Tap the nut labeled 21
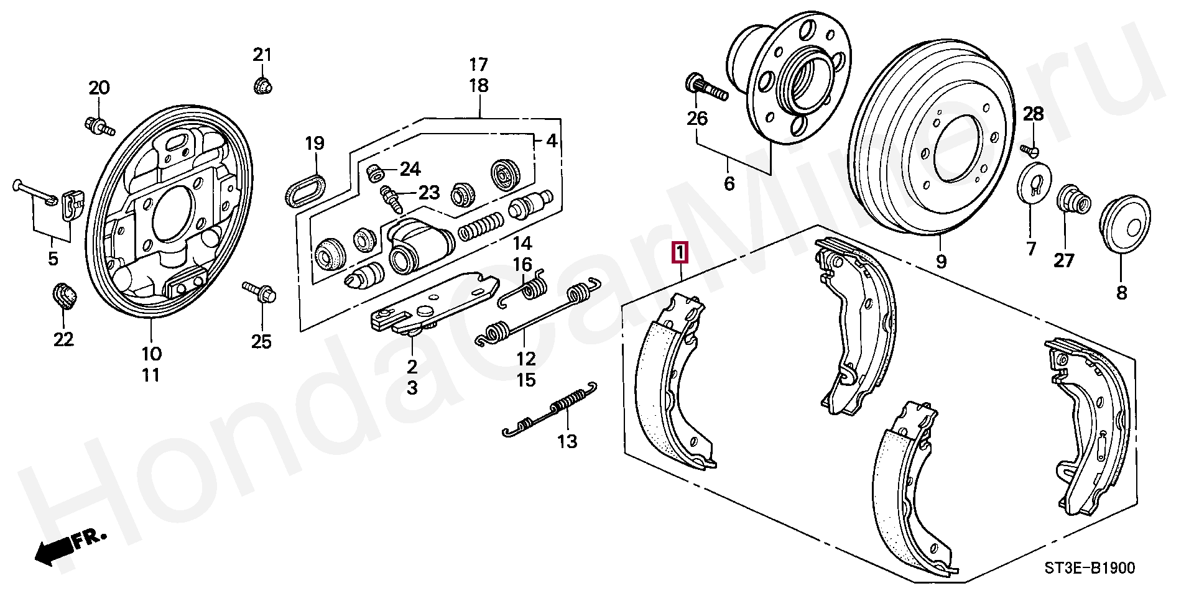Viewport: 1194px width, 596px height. [264, 85]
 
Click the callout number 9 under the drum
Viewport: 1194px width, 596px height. [940, 262]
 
